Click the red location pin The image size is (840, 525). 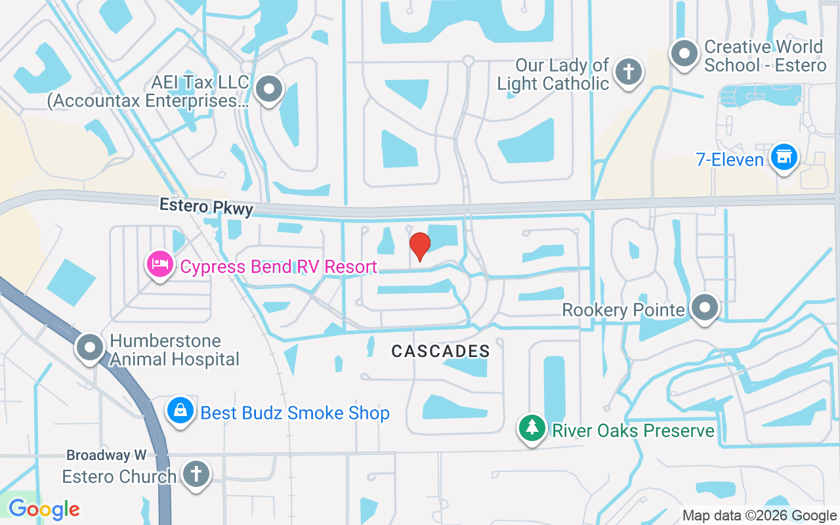pyautogui.click(x=419, y=246)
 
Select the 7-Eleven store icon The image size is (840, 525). pyautogui.click(x=783, y=157)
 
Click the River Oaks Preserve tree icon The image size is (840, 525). pyautogui.click(x=532, y=428)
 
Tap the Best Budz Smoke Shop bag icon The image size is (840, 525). pyautogui.click(x=180, y=411)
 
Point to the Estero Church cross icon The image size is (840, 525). pyautogui.click(x=195, y=473)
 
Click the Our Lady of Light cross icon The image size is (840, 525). pyautogui.click(x=629, y=72)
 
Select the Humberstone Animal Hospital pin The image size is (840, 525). pyautogui.click(x=90, y=348)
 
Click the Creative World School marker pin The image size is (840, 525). pyautogui.click(x=684, y=53)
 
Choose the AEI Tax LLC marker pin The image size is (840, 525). pyautogui.click(x=268, y=89)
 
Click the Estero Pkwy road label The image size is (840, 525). pyautogui.click(x=206, y=207)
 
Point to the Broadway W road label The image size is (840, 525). pyautogui.click(x=106, y=455)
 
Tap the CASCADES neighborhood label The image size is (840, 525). pyautogui.click(x=440, y=352)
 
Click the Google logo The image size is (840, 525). pyautogui.click(x=44, y=509)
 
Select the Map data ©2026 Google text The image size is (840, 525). pyautogui.click(x=759, y=515)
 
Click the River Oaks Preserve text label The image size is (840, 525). pyautogui.click(x=633, y=430)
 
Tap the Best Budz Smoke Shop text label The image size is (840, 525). pyautogui.click(x=295, y=413)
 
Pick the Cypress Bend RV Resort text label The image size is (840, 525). pyautogui.click(x=278, y=266)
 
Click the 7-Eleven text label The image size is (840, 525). pyautogui.click(x=730, y=160)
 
